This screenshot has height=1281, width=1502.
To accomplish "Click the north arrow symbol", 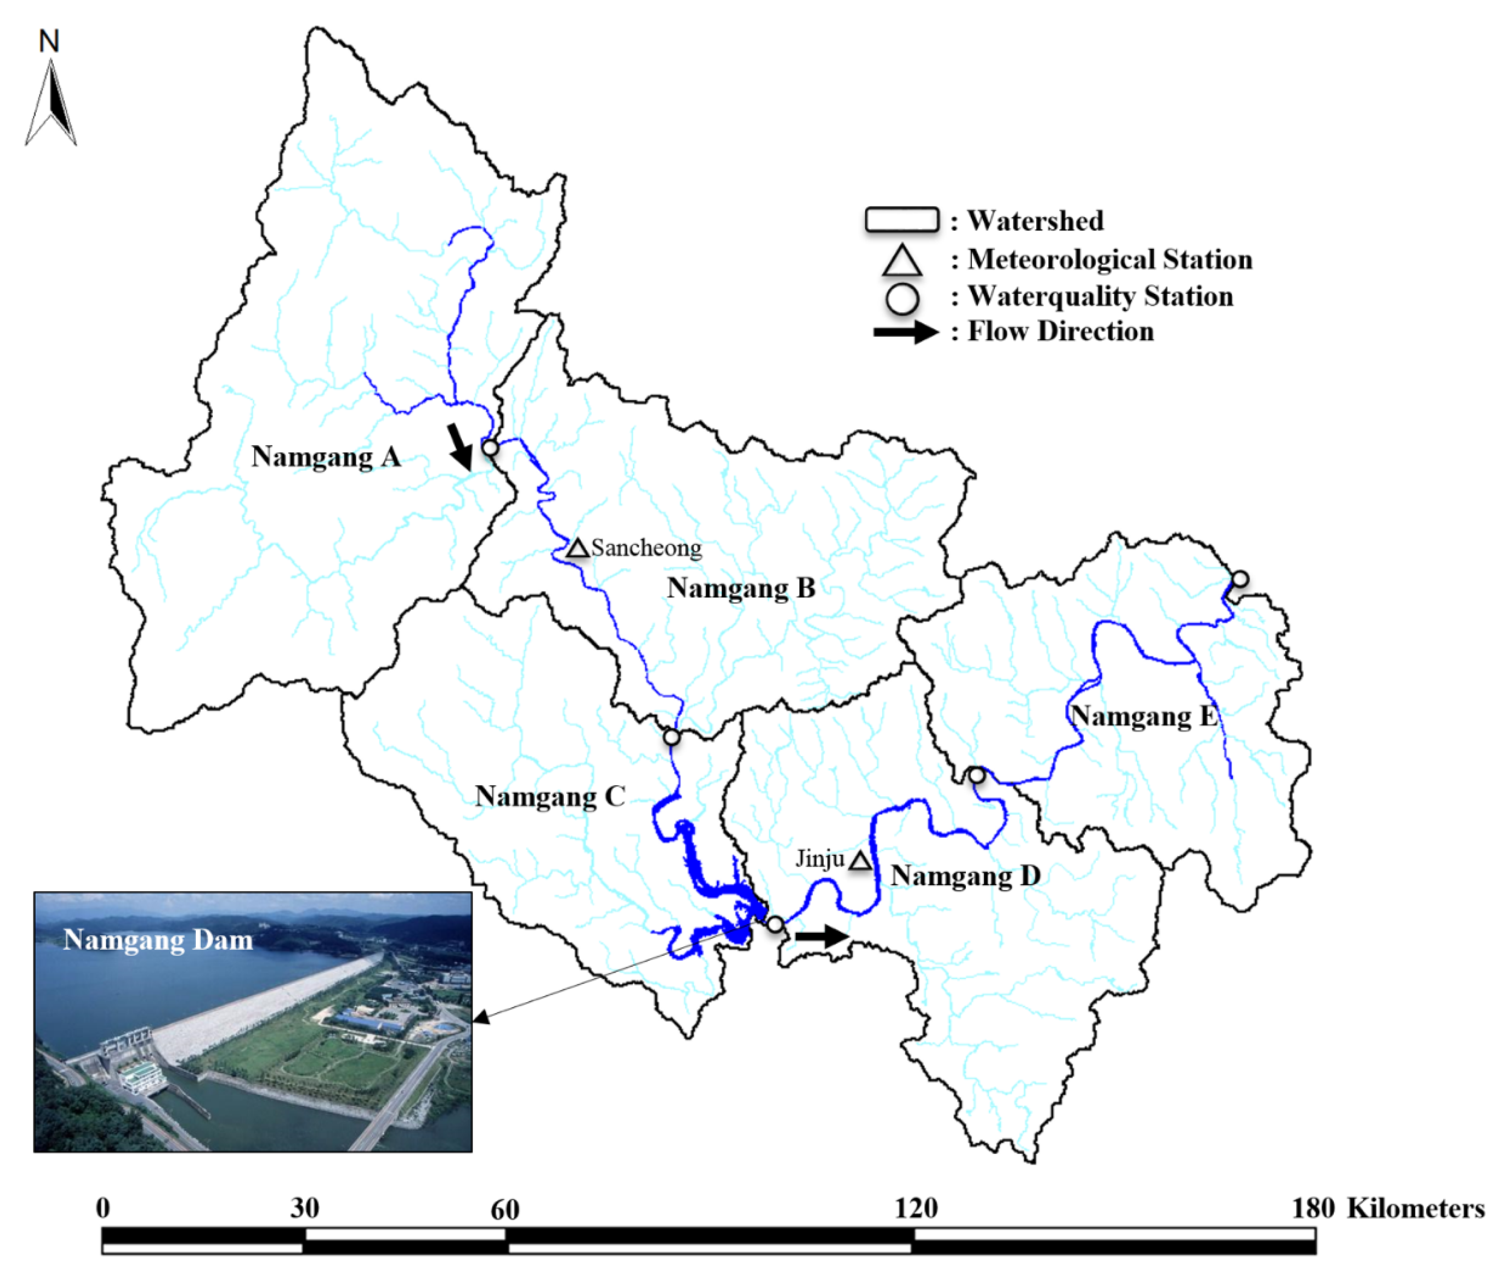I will (x=51, y=102).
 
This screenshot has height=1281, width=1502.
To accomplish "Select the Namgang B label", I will (x=741, y=588).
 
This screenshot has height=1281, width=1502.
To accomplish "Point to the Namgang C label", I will (x=550, y=796).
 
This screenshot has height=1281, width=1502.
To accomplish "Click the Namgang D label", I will (x=965, y=875).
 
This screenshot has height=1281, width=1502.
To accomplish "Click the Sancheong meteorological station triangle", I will (x=578, y=548).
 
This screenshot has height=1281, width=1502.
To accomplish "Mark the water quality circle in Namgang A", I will (x=490, y=447).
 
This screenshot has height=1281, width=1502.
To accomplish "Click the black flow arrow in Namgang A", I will (x=459, y=446).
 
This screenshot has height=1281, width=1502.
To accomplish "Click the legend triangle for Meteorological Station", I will (x=902, y=261).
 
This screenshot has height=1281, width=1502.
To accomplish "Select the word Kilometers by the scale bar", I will (x=1415, y=1208).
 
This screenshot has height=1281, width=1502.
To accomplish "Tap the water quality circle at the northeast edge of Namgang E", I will (x=1240, y=579).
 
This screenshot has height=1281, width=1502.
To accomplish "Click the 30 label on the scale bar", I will (x=304, y=1208).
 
